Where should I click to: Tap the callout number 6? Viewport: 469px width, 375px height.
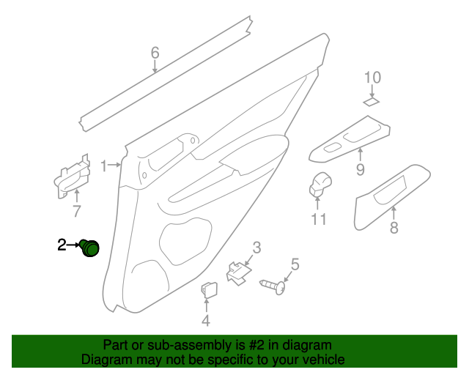point(155,53)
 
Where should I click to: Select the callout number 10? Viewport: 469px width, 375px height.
point(372,78)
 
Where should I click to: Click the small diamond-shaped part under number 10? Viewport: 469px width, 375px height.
point(372,103)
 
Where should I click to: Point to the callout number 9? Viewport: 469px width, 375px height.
point(361,170)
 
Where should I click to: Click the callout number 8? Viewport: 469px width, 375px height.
point(394,228)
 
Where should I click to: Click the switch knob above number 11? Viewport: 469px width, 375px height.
point(320,182)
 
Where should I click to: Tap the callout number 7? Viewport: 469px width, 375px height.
point(75,212)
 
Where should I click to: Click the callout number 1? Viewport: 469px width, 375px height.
point(104,165)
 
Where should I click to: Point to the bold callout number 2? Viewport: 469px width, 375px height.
point(62,245)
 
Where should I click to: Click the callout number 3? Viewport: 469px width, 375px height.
point(256,248)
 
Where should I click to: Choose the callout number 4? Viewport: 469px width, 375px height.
point(206,320)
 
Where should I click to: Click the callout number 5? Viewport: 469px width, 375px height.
point(295,264)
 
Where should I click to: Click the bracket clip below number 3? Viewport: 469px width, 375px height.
point(237,273)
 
